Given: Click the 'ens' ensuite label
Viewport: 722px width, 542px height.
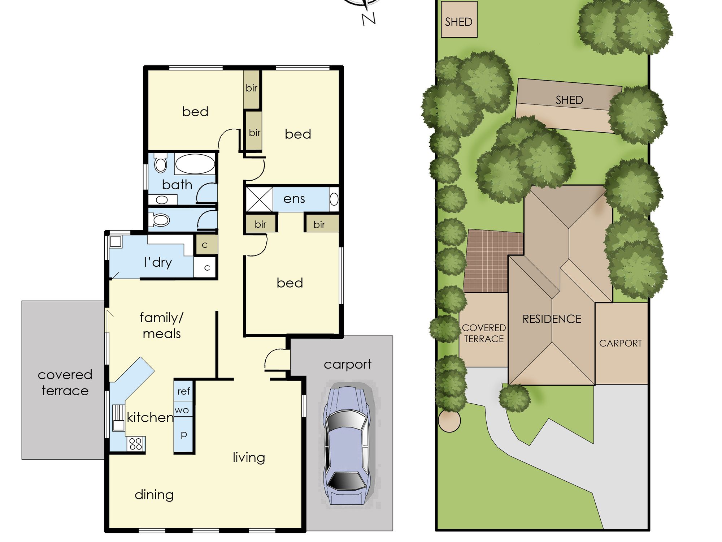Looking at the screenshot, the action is [x=294, y=199].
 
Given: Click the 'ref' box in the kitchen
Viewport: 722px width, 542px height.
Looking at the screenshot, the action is [x=183, y=391].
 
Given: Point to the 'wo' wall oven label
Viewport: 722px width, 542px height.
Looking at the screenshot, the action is [x=182, y=410].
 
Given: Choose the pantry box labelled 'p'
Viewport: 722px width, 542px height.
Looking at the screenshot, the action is [x=183, y=434].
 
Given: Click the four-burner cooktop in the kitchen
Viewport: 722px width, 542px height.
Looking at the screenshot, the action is [x=135, y=444].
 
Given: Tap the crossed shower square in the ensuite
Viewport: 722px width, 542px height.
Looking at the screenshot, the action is [x=259, y=199].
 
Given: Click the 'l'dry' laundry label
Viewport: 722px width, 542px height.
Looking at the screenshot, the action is [x=158, y=262].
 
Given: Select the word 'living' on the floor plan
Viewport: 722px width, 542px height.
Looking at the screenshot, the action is [x=249, y=457].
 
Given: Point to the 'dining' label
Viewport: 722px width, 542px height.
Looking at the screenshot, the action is [x=154, y=495].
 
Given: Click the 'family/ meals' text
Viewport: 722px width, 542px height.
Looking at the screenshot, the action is [x=162, y=325].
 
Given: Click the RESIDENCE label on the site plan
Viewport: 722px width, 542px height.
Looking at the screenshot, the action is [x=552, y=319].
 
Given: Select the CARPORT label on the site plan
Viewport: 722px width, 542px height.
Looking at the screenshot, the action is [x=621, y=343].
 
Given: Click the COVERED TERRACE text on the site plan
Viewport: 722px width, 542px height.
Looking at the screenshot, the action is [x=484, y=333].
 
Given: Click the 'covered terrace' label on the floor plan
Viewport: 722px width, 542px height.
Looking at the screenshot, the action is [x=65, y=383].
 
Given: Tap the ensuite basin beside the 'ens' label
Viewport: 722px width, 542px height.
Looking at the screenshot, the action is [x=334, y=199].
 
